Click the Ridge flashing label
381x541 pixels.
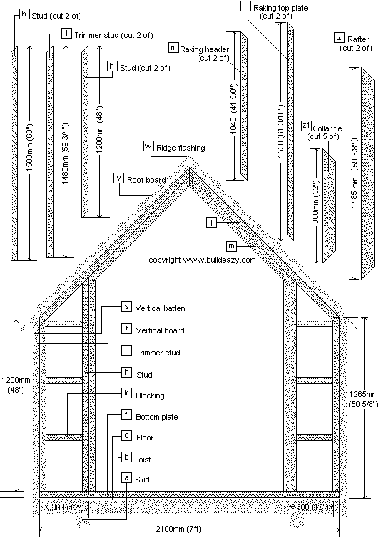click(x=181, y=148)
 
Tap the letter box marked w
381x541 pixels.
click(x=148, y=146)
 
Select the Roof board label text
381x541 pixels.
click(x=146, y=180)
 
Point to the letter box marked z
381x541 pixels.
click(x=339, y=37)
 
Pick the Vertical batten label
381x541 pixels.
click(x=160, y=308)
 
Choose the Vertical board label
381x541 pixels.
click(x=160, y=330)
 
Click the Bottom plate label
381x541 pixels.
click(x=156, y=416)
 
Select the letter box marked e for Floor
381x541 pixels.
click(x=126, y=435)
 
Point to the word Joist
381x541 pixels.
click(x=143, y=459)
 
